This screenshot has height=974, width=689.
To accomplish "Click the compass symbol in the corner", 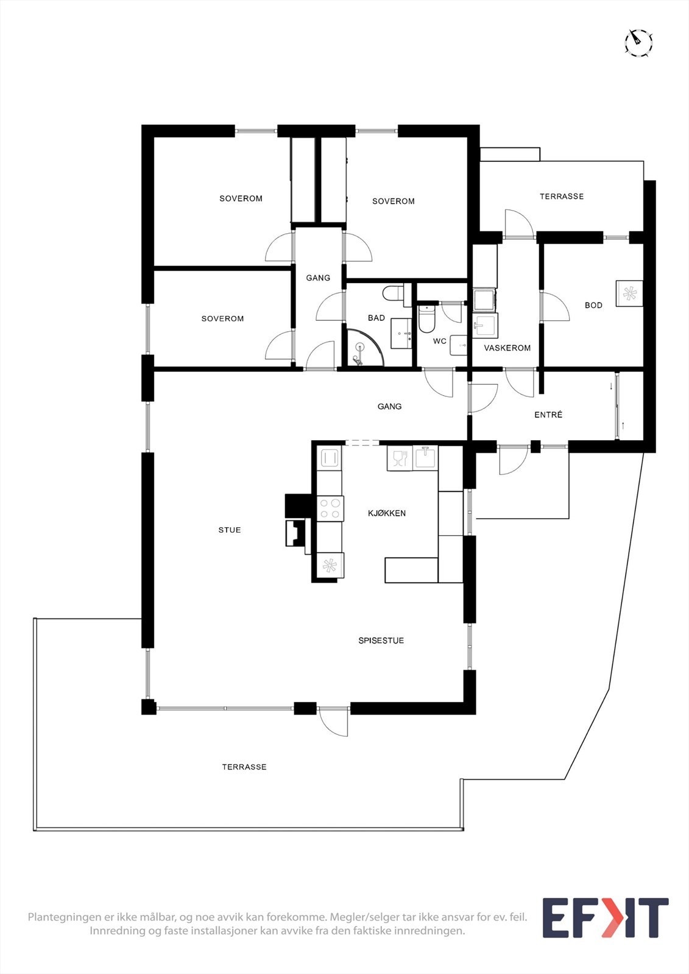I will click(x=638, y=43).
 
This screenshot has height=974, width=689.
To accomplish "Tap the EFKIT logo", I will click(x=605, y=918).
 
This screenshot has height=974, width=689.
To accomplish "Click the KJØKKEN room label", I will click(x=387, y=513).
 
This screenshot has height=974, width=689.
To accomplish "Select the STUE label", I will click(x=230, y=530).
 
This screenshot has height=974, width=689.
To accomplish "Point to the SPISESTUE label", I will click(x=381, y=640).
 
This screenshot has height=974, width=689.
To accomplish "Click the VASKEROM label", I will click(x=507, y=348).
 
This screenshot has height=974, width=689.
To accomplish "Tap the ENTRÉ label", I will click(x=548, y=415).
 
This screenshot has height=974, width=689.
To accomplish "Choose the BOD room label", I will click(x=593, y=305).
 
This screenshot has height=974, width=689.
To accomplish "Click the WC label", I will click(x=440, y=341).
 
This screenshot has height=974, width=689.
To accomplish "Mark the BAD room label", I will click(x=376, y=318).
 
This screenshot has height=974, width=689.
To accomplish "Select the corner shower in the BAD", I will click(x=363, y=349).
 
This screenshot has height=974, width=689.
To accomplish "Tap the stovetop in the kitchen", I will click(x=330, y=508).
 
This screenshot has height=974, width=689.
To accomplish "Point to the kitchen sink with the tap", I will click(x=426, y=458).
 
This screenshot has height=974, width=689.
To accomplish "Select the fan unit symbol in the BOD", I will click(x=629, y=293).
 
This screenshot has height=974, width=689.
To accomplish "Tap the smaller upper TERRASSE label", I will click(x=562, y=196).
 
